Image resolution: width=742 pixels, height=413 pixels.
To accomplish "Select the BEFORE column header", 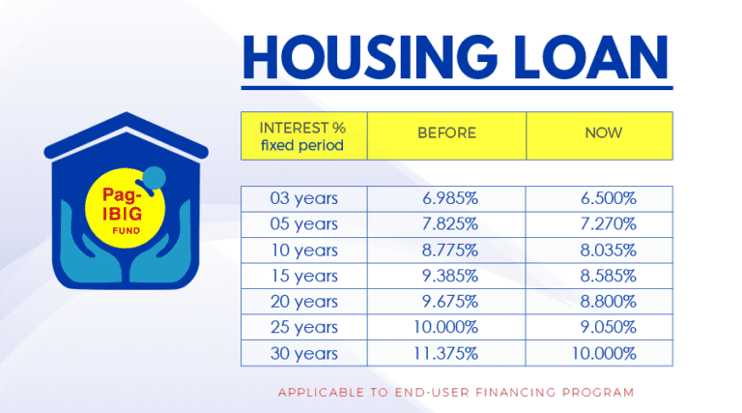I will [x=446, y=133].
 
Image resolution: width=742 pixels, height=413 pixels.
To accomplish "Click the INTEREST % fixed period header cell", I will [x=302, y=136].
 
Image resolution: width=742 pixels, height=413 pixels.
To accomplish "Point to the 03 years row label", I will [x=303, y=199].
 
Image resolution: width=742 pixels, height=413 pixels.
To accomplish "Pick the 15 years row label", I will [x=303, y=275].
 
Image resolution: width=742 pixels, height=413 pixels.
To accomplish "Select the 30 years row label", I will [x=303, y=351].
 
